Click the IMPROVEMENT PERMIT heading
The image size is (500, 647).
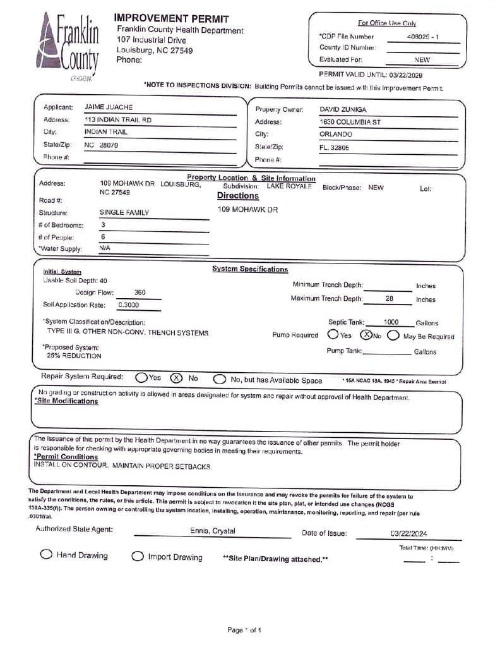click(172, 19)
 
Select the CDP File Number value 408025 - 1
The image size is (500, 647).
click(423, 37)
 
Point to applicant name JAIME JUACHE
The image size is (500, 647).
click(109, 107)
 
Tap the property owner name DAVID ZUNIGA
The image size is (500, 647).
click(343, 110)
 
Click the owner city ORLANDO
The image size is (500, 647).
click(336, 135)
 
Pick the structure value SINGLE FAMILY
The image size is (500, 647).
click(124, 213)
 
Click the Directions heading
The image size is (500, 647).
click(237, 196)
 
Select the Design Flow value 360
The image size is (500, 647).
click(140, 293)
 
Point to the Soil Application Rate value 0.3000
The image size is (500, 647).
click(129, 305)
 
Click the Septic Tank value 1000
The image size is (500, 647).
click(391, 322)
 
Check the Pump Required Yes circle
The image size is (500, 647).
click(333, 335)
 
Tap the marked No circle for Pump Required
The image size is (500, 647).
click(366, 335)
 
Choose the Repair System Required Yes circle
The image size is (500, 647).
click(141, 378)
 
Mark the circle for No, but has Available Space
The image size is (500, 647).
click(219, 380)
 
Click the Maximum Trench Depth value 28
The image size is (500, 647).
click(389, 298)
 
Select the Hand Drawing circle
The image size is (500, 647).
click(46, 555)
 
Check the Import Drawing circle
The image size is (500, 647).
click(137, 557)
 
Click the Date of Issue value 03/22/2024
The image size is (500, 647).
click(408, 533)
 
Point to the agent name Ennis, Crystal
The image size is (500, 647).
click(213, 531)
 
